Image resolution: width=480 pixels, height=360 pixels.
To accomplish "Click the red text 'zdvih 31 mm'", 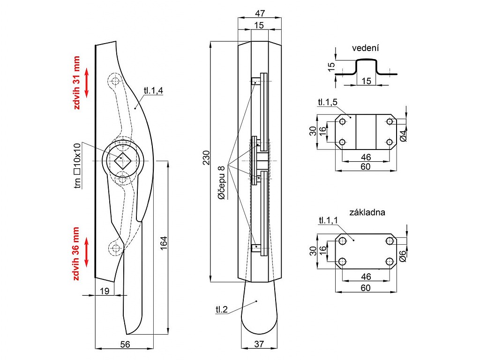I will pyautogui.click(x=76, y=82).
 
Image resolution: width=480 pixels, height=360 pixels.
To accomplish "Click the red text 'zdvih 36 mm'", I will pyautogui.click(x=76, y=254).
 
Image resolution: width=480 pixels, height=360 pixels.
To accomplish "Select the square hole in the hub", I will pyautogui.click(x=123, y=161).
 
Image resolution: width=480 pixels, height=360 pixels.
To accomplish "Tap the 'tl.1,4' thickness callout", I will pyautogui.click(x=154, y=91).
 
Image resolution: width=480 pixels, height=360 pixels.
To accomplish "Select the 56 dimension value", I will pyautogui.click(x=125, y=344).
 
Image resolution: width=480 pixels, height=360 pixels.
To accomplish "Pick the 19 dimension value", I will pyautogui.click(x=105, y=291).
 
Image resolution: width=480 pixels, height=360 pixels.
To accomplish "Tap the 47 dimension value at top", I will pyautogui.click(x=260, y=13).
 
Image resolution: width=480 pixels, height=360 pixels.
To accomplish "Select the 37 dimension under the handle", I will pyautogui.click(x=259, y=344).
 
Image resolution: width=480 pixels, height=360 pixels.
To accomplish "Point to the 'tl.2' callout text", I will pyautogui.click(x=222, y=309).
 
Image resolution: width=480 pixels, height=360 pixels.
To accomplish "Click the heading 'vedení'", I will pyautogui.click(x=365, y=48).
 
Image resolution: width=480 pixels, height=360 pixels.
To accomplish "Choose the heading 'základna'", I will pyautogui.click(x=367, y=212).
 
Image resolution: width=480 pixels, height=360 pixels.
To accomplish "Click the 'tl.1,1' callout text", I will pyautogui.click(x=329, y=220).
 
